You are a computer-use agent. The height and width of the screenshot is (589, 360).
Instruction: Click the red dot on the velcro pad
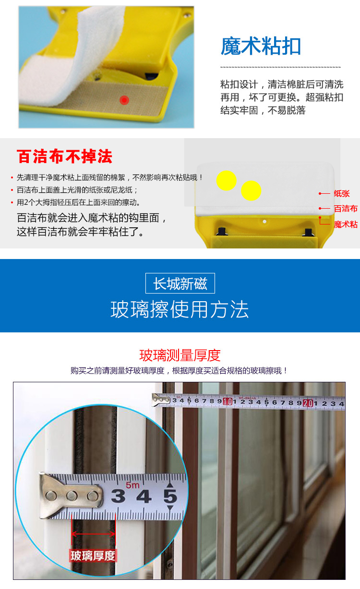tap(124, 100)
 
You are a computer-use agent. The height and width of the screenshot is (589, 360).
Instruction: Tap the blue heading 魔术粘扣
tap(261, 46)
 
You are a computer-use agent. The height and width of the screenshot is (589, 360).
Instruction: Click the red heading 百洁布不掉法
tap(64, 156)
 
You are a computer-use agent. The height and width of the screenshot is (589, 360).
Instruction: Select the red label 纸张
tap(342, 193)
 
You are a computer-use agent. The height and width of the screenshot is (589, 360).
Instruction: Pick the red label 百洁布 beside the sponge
tap(346, 209)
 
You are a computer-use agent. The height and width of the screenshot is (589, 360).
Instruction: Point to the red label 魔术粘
tap(346, 224)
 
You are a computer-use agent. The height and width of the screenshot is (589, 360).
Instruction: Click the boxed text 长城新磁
tap(180, 283)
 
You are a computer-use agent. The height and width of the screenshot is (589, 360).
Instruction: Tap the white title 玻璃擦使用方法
tap(180, 310)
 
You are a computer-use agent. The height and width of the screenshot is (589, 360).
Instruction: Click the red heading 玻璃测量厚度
tap(180, 355)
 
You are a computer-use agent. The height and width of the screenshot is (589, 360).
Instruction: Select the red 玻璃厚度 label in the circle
tap(93, 555)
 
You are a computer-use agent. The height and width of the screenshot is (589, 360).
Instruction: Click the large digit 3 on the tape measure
tap(118, 496)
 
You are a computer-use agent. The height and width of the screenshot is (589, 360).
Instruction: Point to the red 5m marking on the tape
tap(132, 485)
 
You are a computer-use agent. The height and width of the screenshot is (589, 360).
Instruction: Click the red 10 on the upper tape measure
tap(228, 401)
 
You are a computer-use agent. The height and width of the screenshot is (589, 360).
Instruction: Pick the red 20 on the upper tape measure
tap(308, 403)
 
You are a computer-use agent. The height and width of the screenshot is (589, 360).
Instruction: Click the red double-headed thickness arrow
tap(94, 534)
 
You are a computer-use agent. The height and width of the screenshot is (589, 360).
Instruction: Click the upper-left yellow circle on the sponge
tap(226, 181)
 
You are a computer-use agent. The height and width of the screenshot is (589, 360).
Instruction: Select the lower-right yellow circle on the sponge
tap(251, 190)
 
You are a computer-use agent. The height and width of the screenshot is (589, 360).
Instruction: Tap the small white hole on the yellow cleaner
tap(264, 222)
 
